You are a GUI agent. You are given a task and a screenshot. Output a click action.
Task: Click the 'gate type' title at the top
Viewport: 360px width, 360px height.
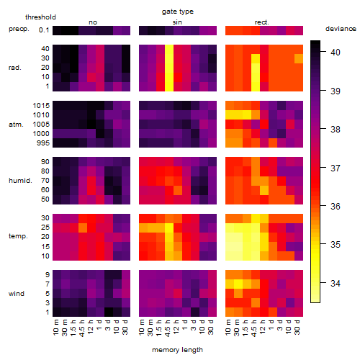178,12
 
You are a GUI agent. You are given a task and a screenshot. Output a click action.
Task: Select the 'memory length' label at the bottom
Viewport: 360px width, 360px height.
177,350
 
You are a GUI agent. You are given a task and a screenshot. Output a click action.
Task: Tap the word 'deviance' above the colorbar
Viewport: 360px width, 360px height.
341,29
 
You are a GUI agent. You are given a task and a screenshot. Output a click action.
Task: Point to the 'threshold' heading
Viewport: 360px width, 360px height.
40,17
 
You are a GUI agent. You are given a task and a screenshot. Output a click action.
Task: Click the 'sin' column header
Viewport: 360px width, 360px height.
177,22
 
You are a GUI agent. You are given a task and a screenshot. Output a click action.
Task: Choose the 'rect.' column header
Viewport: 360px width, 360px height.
262,22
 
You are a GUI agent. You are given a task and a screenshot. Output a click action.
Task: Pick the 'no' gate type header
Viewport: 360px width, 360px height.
93,22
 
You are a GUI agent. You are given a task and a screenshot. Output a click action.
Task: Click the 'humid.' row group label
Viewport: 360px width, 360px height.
20,180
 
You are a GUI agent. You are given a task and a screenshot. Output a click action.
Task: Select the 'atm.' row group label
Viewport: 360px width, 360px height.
16,125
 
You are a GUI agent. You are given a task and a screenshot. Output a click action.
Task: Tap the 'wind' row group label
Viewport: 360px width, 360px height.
17,294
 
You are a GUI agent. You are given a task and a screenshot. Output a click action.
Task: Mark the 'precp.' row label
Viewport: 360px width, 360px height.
19,29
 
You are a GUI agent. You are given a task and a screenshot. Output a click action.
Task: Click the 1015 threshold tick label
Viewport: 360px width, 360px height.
41,106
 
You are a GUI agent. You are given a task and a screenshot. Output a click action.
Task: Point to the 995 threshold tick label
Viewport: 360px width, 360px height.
43,143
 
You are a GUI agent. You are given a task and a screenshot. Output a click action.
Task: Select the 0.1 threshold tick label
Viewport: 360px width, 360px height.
44,30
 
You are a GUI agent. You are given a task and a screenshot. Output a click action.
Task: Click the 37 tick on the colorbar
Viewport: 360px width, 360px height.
336,168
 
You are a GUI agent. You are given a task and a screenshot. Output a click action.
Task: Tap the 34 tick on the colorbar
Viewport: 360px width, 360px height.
336,284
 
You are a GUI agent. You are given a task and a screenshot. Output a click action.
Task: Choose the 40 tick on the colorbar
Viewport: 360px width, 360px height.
336,52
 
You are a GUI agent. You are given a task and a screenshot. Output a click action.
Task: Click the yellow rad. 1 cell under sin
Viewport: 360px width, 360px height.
169,87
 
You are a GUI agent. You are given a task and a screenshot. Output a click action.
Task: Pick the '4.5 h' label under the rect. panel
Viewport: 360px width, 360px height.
254,328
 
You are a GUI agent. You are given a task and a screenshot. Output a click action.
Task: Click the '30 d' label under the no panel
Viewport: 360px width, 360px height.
125,327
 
